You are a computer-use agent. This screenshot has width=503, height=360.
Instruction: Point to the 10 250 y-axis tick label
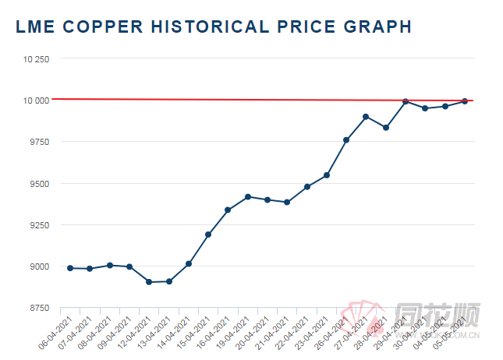tap(35, 59)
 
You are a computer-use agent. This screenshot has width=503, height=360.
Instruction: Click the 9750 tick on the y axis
tap(37, 142)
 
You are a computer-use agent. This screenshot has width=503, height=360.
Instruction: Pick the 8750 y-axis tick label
tap(37, 308)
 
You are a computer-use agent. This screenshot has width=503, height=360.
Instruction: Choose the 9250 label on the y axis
tap(37, 225)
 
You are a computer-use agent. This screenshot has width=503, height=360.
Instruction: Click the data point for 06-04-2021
tap(70, 268)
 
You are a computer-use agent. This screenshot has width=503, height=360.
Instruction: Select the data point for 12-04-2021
tap(149, 282)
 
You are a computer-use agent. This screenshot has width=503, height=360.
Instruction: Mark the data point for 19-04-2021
tap(248, 197)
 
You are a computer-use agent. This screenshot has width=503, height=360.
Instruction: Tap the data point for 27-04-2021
tap(366, 117)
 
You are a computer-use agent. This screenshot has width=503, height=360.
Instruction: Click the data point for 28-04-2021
tap(385, 128)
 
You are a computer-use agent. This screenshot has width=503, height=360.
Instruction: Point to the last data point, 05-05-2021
tap(465, 101)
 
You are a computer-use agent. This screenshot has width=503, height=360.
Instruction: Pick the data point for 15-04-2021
tap(208, 235)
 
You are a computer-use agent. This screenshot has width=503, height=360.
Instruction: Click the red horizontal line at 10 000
tap(234, 100)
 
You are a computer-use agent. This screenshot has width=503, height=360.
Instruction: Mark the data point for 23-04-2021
tap(327, 175)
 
